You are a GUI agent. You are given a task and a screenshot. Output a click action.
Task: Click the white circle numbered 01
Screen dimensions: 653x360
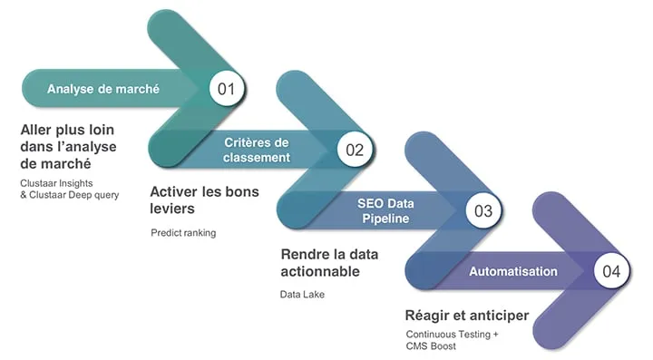(x=226, y=88)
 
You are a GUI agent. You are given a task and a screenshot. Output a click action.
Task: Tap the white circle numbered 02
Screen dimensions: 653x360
(x=355, y=150)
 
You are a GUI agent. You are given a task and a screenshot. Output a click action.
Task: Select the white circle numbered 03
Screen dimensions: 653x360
(x=483, y=210)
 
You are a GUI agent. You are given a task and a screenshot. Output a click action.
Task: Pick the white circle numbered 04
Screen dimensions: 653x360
(x=611, y=271)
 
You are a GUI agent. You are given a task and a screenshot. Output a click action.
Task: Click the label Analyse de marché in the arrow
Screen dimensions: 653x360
(x=103, y=89)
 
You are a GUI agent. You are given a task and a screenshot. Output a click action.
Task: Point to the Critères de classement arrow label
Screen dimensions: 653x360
(x=257, y=150)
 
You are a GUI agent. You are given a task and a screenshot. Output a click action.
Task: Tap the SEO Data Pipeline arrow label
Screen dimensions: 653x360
(x=385, y=211)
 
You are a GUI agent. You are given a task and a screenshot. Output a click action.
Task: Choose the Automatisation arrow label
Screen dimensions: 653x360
(x=513, y=271)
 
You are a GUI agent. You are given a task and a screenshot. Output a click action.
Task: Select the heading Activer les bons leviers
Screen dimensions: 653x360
(x=204, y=199)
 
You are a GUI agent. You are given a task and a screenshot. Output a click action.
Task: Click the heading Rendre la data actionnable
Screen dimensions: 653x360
(x=329, y=263)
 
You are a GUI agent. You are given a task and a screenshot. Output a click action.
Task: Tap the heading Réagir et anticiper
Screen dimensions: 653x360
(x=467, y=316)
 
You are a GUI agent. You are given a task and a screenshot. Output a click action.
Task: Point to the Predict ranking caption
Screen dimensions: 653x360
(x=183, y=233)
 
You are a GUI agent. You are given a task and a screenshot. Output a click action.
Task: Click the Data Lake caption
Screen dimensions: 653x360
(x=302, y=294)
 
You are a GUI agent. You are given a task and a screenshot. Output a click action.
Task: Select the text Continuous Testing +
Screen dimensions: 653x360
(x=452, y=335)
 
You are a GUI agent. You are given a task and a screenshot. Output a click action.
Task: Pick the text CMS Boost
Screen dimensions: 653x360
(x=431, y=345)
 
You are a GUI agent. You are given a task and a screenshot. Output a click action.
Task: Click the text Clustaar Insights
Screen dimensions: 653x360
(x=56, y=183)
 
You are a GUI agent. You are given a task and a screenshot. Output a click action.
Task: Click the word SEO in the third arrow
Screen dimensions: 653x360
(x=370, y=203)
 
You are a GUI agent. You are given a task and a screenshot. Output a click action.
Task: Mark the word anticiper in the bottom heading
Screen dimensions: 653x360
(x=498, y=316)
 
